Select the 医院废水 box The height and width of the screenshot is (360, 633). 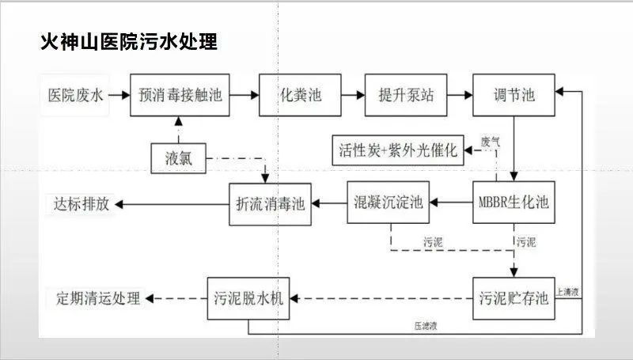coord(75,95)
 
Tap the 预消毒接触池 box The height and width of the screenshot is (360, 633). coord(180,95)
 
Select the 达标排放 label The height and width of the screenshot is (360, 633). coord(81,203)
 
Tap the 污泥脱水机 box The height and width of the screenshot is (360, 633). coord(248,298)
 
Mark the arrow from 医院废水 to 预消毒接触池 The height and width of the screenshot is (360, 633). coord(119,95)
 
